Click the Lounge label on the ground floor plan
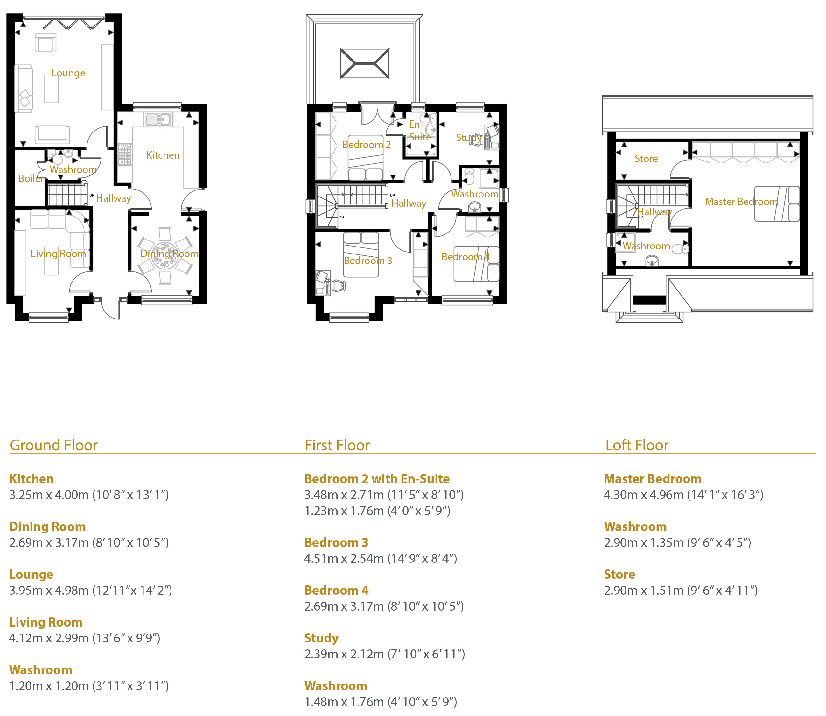(68, 73)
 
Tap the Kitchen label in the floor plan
(163, 155)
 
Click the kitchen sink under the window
(158, 119)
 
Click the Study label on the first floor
(469, 138)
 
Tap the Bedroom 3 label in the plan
(368, 261)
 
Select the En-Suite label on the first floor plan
(420, 131)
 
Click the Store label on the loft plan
(646, 159)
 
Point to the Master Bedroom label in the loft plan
(741, 202)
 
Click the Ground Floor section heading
(53, 445)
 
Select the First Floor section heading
(337, 445)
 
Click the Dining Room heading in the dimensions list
(47, 526)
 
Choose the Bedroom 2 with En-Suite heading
(377, 479)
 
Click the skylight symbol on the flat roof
(365, 63)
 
